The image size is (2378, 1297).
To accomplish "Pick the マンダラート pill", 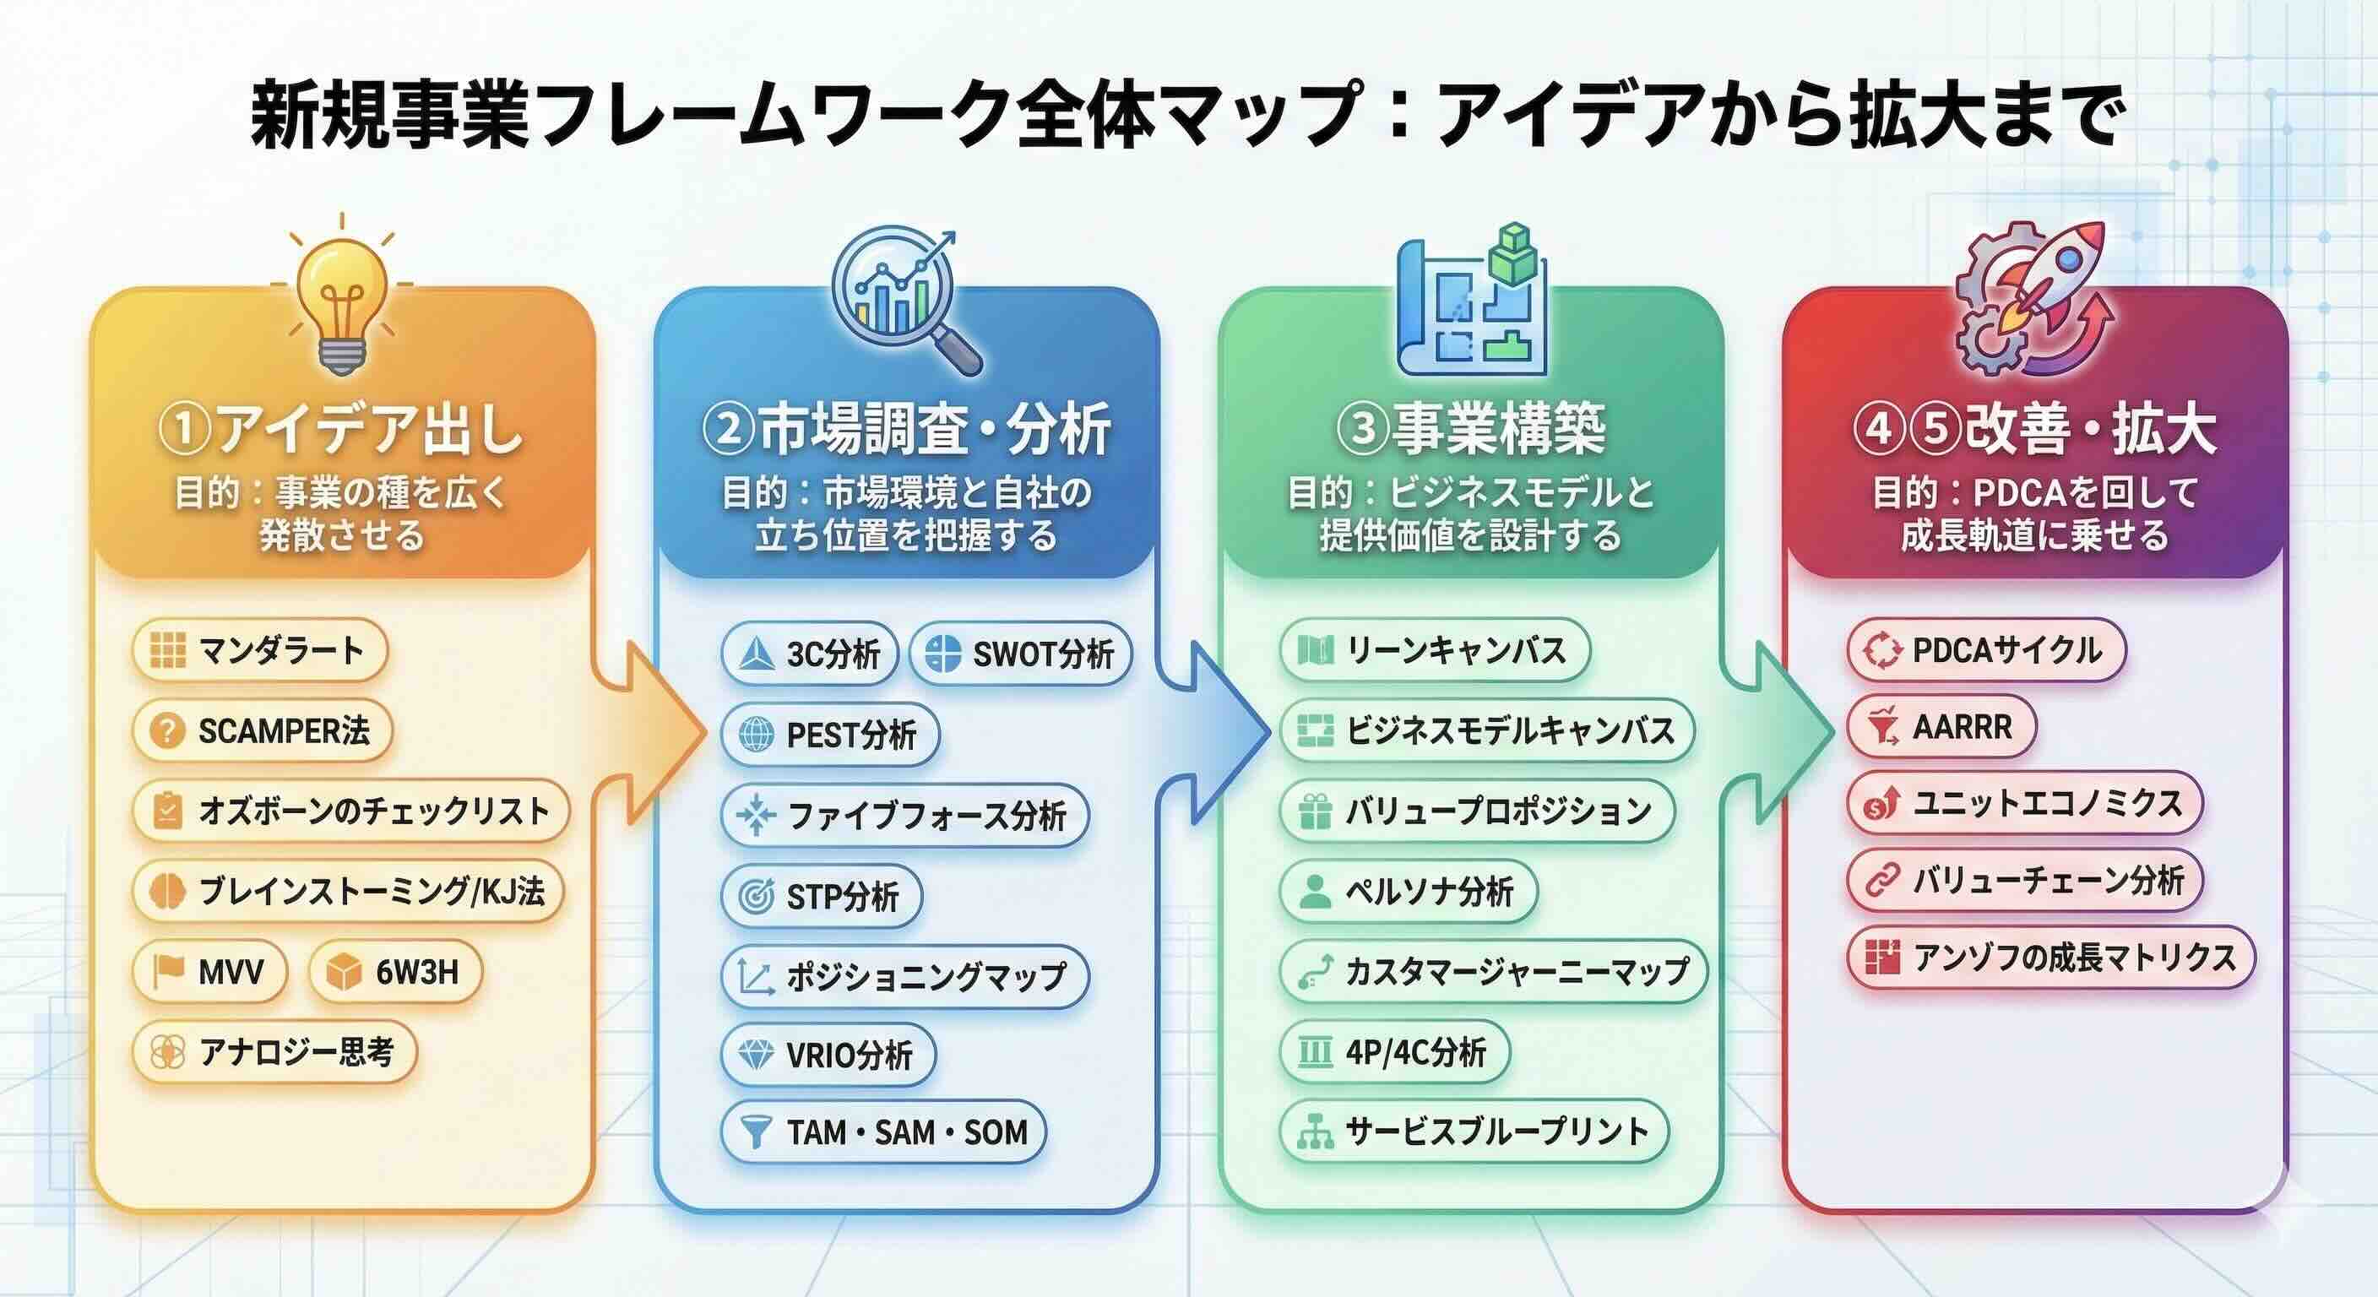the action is click(260, 651).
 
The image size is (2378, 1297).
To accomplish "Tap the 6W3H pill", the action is click(396, 971).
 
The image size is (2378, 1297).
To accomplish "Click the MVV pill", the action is click(209, 971).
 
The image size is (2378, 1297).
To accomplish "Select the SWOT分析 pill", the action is click(1021, 654).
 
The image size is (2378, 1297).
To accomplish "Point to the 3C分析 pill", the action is click(810, 654).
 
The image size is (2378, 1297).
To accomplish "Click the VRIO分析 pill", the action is click(828, 1054).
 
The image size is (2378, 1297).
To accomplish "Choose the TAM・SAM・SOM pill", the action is click(883, 1131).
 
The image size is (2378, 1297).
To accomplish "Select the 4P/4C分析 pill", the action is click(1395, 1051).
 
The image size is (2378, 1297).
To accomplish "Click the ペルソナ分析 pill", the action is click(1409, 892).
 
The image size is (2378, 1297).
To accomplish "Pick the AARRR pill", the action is click(1941, 727).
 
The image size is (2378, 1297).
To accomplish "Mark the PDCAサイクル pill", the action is click(1986, 650).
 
